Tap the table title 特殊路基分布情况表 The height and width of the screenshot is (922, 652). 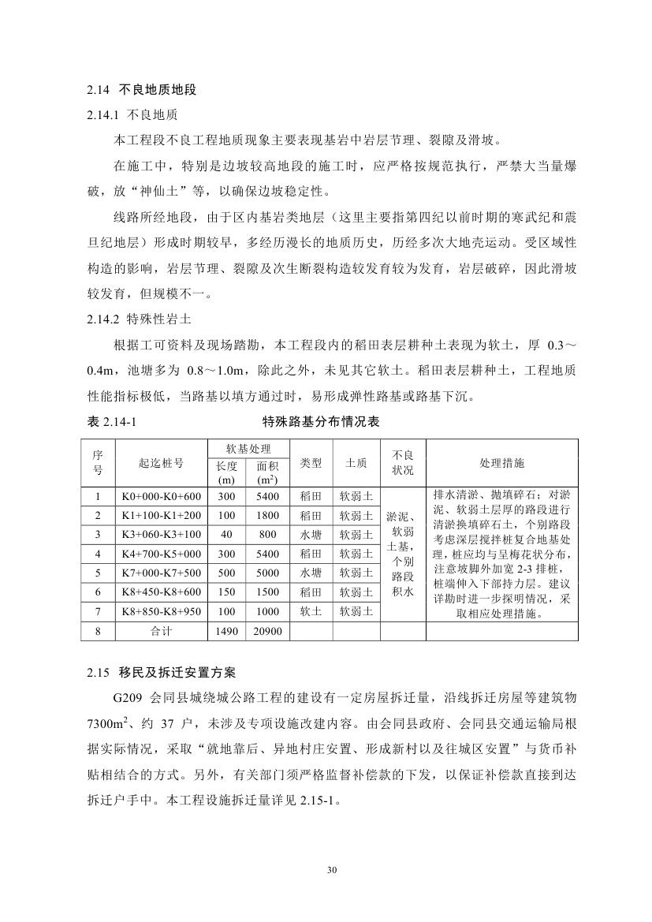click(x=321, y=422)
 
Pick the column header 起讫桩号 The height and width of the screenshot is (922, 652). click(x=161, y=463)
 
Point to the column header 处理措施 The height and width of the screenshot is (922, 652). click(x=502, y=463)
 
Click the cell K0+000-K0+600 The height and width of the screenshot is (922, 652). click(x=161, y=496)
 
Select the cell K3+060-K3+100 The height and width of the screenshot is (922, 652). click(x=161, y=534)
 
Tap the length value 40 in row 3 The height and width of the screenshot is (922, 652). click(x=227, y=534)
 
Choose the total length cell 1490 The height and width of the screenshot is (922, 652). click(x=227, y=631)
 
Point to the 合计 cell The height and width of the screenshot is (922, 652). click(x=161, y=631)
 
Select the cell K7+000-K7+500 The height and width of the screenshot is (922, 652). click(x=161, y=573)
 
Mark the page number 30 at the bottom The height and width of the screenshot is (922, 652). click(x=331, y=870)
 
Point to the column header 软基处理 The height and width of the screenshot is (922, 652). click(x=248, y=449)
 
